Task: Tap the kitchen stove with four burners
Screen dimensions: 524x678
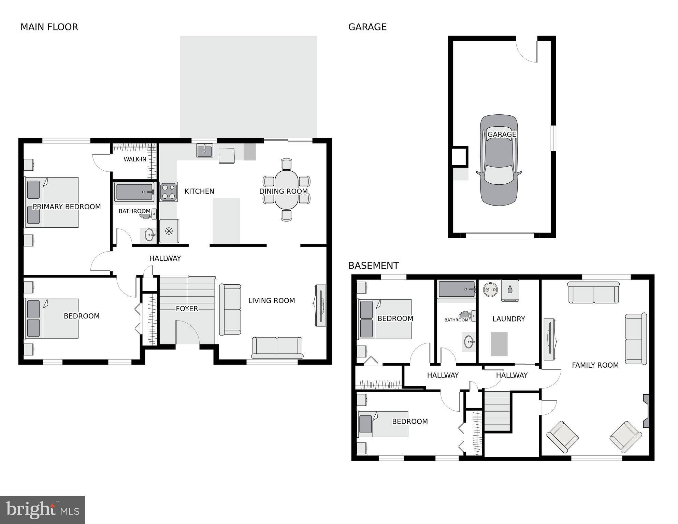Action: pyautogui.click(x=169, y=192)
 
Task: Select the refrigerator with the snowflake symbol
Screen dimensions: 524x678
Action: pyautogui.click(x=169, y=231)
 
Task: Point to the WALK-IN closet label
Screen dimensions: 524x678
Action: pyautogui.click(x=135, y=159)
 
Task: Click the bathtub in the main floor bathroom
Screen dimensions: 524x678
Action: pyautogui.click(x=134, y=192)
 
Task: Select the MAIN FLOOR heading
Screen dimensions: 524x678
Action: pyautogui.click(x=49, y=27)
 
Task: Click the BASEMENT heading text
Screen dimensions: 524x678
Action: pyautogui.click(x=373, y=265)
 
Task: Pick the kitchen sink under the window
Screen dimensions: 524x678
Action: pyautogui.click(x=204, y=150)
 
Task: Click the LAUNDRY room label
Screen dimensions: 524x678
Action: pyautogui.click(x=508, y=319)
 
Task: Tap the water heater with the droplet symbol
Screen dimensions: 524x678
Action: pyautogui.click(x=510, y=291)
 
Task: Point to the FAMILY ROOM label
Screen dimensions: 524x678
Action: pyautogui.click(x=595, y=365)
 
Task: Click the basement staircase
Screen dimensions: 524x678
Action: pyautogui.click(x=497, y=411)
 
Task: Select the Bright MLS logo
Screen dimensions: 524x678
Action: pyautogui.click(x=42, y=510)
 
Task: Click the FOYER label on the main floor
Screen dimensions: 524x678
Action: pyautogui.click(x=187, y=309)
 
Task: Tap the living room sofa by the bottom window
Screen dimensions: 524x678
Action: pyautogui.click(x=277, y=347)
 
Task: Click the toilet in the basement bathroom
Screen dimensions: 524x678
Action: pyautogui.click(x=466, y=315)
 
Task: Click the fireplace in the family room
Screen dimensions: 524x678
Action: pyautogui.click(x=646, y=411)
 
